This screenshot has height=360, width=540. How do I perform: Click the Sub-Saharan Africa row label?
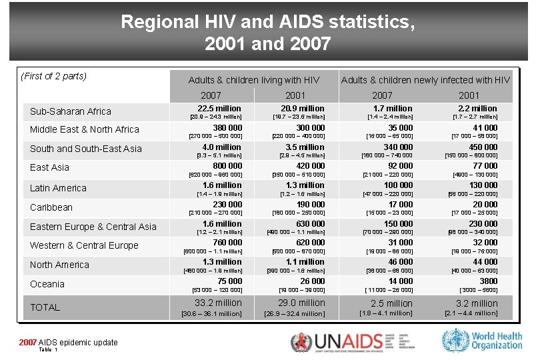(x=70, y=111)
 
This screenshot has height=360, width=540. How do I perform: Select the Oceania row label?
(x=47, y=284)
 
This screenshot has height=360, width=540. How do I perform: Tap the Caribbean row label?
(x=51, y=207)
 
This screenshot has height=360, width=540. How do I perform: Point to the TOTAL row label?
(x=45, y=307)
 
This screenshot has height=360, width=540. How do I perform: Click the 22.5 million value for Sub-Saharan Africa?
(x=219, y=108)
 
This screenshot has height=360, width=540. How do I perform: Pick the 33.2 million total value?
(x=218, y=303)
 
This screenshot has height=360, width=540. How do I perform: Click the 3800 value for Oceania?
(x=488, y=281)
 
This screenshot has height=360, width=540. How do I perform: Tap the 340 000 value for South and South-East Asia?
(x=398, y=147)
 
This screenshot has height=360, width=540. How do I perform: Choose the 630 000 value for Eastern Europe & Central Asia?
(x=311, y=224)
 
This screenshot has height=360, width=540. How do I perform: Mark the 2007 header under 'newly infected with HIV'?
(x=382, y=95)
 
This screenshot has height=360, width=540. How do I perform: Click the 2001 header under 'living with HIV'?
(x=295, y=95)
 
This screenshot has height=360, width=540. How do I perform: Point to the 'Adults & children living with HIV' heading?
(x=254, y=80)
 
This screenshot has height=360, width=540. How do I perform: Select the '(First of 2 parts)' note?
(x=54, y=76)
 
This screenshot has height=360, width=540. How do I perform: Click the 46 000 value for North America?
(x=401, y=262)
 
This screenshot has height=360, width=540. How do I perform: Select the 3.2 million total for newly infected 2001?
(x=476, y=303)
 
